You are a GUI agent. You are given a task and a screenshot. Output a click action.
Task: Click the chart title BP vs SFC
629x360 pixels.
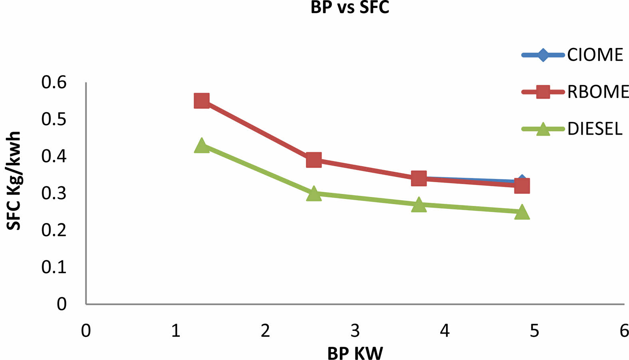[349, 7]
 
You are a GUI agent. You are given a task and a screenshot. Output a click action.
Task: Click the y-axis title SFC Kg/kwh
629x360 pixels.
[14, 181]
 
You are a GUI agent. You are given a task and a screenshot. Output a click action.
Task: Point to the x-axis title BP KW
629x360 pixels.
[355, 353]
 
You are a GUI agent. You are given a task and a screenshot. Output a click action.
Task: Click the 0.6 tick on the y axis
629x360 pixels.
[54, 82]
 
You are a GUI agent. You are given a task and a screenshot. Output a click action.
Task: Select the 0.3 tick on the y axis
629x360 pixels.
[54, 193]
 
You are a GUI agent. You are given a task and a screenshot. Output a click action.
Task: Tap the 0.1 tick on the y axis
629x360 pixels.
[54, 267]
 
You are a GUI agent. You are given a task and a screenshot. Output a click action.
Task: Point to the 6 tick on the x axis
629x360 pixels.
[624, 331]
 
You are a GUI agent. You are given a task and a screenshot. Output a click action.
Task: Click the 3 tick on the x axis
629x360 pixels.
[355, 331]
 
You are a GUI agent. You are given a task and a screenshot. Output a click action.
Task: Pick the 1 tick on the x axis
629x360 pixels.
[176, 331]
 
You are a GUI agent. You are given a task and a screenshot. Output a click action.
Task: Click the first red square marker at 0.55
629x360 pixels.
[202, 101]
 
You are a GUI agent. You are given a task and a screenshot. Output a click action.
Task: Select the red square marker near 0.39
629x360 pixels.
[314, 160]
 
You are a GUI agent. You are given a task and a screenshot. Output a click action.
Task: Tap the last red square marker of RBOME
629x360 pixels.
[522, 186]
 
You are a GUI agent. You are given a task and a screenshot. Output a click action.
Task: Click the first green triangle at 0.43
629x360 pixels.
[202, 145]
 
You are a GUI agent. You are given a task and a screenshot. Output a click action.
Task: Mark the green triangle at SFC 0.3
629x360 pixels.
[314, 193]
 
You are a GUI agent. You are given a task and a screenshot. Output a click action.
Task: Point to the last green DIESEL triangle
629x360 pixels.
[522, 212]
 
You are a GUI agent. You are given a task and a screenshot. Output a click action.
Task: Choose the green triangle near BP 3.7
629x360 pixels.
[419, 205]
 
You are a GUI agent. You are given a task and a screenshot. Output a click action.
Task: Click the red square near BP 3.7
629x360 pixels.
[419, 178]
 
